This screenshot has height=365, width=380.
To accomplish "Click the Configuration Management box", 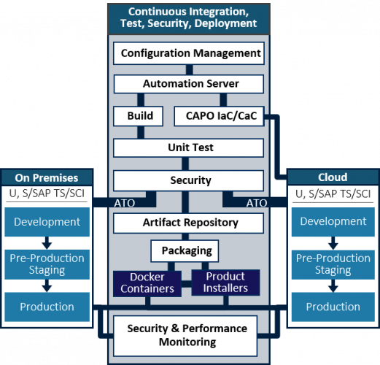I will (x=190, y=53).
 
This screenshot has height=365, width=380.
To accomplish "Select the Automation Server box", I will (x=190, y=84).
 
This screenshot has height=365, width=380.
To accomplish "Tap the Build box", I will (x=139, y=115).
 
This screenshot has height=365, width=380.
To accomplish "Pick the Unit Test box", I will (x=190, y=147).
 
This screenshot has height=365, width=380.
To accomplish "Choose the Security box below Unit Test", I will (x=190, y=180).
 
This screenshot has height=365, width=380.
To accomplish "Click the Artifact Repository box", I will (x=190, y=222).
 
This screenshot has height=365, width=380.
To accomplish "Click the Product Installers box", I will (x=225, y=283).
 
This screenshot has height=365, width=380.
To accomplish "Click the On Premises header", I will (x=47, y=177).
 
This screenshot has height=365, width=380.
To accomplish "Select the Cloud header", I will (x=333, y=177).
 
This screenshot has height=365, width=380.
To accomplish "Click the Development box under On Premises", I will (x=47, y=222).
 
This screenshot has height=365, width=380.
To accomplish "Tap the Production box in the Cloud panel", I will (x=333, y=307).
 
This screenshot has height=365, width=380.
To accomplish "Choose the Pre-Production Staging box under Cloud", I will (x=333, y=264).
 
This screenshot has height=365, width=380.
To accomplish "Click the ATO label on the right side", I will (x=257, y=203).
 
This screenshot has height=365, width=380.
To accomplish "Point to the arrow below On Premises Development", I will (x=47, y=242).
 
